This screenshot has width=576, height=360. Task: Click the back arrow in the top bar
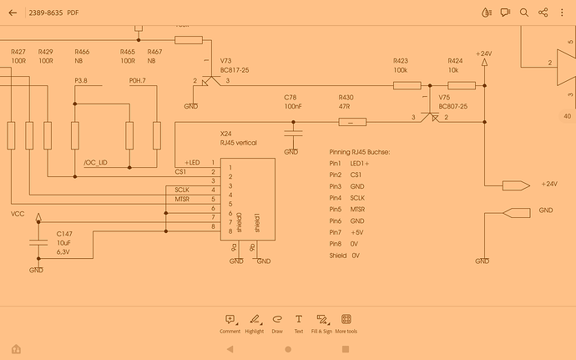pos(12,13)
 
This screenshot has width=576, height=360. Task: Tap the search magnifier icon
pos(524,13)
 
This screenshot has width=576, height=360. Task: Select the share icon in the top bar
pos(543,13)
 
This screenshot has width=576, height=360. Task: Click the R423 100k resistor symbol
pos(407,84)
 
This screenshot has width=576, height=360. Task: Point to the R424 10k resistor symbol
pos(462,84)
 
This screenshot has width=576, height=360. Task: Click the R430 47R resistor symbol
pos(351,122)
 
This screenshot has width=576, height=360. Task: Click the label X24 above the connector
pos(225,134)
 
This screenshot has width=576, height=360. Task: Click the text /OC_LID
pos(96,163)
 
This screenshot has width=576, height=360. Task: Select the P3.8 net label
pos(81,80)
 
